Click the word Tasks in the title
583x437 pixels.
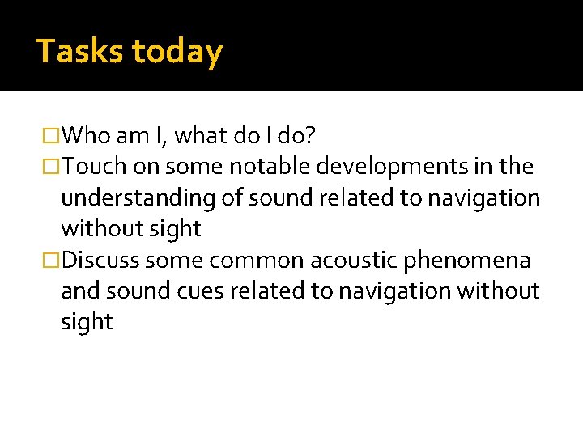click(79, 52)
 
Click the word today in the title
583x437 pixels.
click(177, 52)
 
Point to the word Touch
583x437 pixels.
click(94, 167)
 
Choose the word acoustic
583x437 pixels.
click(360, 261)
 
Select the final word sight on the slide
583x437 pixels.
click(87, 322)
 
